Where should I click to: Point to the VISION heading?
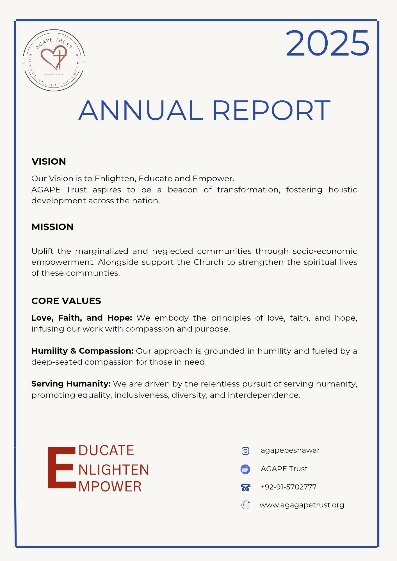click(x=49, y=162)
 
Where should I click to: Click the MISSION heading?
click(x=53, y=227)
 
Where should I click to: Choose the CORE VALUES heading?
click(x=66, y=301)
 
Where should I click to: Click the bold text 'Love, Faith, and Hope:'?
click(x=82, y=318)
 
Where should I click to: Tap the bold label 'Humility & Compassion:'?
click(x=82, y=351)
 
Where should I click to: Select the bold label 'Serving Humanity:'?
click(x=71, y=384)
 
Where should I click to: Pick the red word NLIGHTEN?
click(x=114, y=470)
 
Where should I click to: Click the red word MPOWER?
click(x=110, y=487)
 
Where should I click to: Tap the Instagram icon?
click(x=245, y=451)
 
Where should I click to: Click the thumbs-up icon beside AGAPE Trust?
click(x=245, y=469)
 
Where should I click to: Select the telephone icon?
click(x=245, y=487)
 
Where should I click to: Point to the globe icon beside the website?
click(x=246, y=505)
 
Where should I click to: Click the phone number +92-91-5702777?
click(x=288, y=487)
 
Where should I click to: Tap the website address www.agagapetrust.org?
click(x=302, y=505)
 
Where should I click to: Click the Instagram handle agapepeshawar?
click(x=290, y=450)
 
